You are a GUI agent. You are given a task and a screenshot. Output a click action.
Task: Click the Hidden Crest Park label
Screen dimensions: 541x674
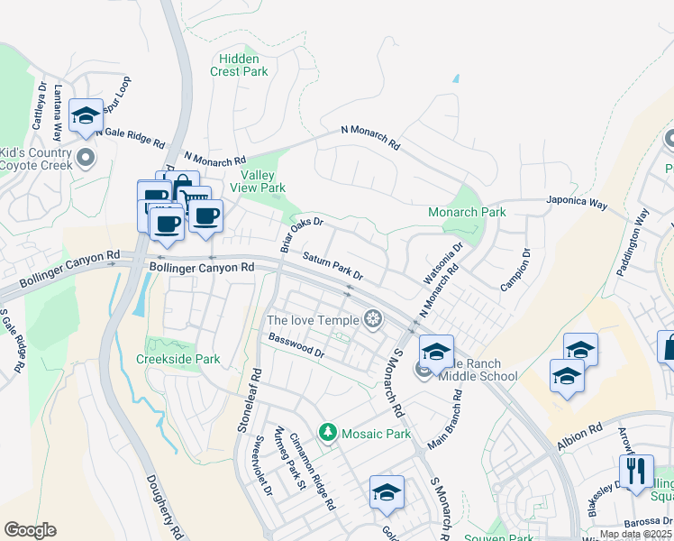point(240,64)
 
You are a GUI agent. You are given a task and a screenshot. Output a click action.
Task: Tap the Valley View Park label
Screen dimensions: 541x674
point(262,181)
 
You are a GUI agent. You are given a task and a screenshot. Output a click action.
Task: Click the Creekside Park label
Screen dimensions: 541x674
point(178,359)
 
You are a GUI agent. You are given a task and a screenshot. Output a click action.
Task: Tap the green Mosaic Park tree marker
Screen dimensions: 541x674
point(328,434)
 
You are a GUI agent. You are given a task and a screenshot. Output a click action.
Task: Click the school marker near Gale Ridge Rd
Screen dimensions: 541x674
point(87,115)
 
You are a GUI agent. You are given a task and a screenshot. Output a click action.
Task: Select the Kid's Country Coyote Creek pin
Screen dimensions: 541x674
point(87,160)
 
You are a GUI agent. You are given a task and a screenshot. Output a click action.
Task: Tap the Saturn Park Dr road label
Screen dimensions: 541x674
point(332,265)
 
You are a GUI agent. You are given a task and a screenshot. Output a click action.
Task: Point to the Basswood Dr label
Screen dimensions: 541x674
point(296,346)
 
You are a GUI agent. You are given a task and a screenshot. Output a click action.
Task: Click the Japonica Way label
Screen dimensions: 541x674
point(577,203)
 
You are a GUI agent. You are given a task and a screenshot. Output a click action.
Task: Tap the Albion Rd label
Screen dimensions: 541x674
point(578,433)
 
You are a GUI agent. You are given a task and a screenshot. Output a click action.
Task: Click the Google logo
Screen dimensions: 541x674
point(30,530)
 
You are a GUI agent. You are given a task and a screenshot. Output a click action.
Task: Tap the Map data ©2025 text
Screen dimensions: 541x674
point(635,534)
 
